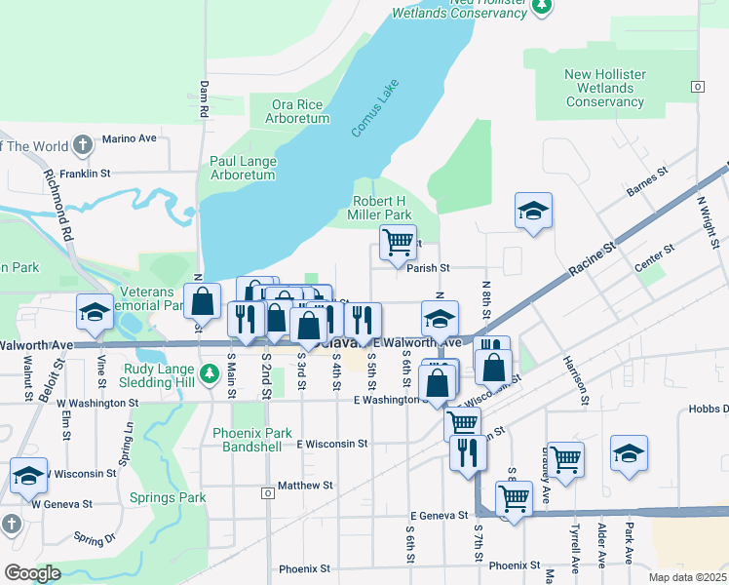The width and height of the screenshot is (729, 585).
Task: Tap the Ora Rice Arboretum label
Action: coord(297,111)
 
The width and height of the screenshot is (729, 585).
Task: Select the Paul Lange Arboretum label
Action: coord(243,168)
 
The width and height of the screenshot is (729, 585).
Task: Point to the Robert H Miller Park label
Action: coord(381,208)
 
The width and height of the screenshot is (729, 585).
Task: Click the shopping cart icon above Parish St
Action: coord(397,242)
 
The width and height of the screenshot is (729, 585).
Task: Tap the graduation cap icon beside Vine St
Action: coord(95,311)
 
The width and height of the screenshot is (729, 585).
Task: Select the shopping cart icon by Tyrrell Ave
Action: coord(565,459)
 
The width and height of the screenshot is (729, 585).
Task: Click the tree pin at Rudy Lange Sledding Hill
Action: coord(208,372)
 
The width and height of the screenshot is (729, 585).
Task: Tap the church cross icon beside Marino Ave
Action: coord(83,146)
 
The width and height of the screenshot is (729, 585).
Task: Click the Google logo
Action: coord(32,572)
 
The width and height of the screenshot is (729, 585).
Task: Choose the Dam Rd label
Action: coord(205,98)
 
